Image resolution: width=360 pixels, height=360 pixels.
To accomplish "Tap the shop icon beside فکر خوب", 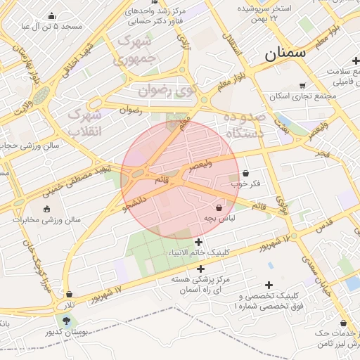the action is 245,173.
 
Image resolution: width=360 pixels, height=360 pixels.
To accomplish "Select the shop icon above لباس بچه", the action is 219,207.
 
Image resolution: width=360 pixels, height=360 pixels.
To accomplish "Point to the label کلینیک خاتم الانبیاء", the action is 198,252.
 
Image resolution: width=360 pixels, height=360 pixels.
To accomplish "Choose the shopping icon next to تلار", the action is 69,294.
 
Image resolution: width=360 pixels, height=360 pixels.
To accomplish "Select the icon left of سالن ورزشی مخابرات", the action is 47,209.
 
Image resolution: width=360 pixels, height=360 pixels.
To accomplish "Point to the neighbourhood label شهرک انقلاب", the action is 85,122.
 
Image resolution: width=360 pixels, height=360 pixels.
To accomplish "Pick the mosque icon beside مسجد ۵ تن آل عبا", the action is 51,15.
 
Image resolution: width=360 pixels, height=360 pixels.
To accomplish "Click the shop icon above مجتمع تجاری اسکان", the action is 302,85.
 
